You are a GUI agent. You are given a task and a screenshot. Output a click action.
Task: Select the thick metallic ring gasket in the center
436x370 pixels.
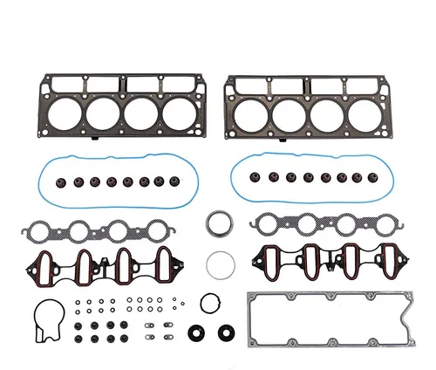(220, 225)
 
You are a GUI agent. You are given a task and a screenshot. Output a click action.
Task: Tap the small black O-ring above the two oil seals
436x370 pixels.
(210, 304)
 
